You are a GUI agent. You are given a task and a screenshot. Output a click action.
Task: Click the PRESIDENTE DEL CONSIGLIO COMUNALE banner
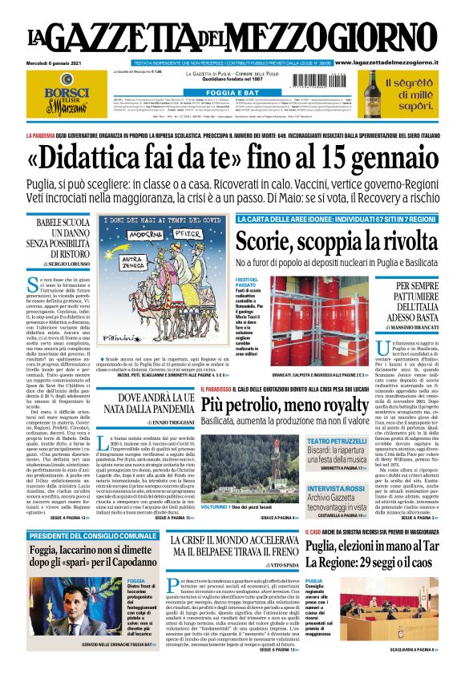pos(92,535)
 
